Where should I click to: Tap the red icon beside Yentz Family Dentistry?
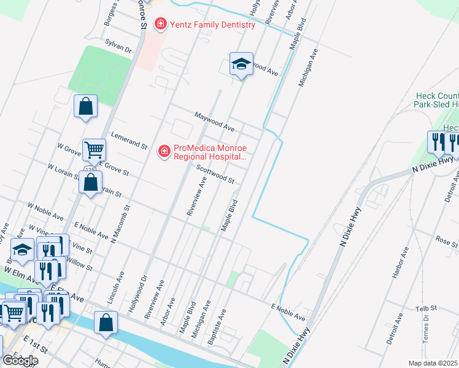pos(161,25)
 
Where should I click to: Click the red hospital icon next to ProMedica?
pos(164,151)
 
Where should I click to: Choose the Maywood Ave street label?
pos(215,121)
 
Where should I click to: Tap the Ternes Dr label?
pos(426,332)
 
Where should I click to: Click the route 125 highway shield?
pos(90,170)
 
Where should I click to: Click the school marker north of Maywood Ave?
pos(241,64)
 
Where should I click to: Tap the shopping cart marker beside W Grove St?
pos(94,149)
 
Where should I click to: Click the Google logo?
pos(20,361)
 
